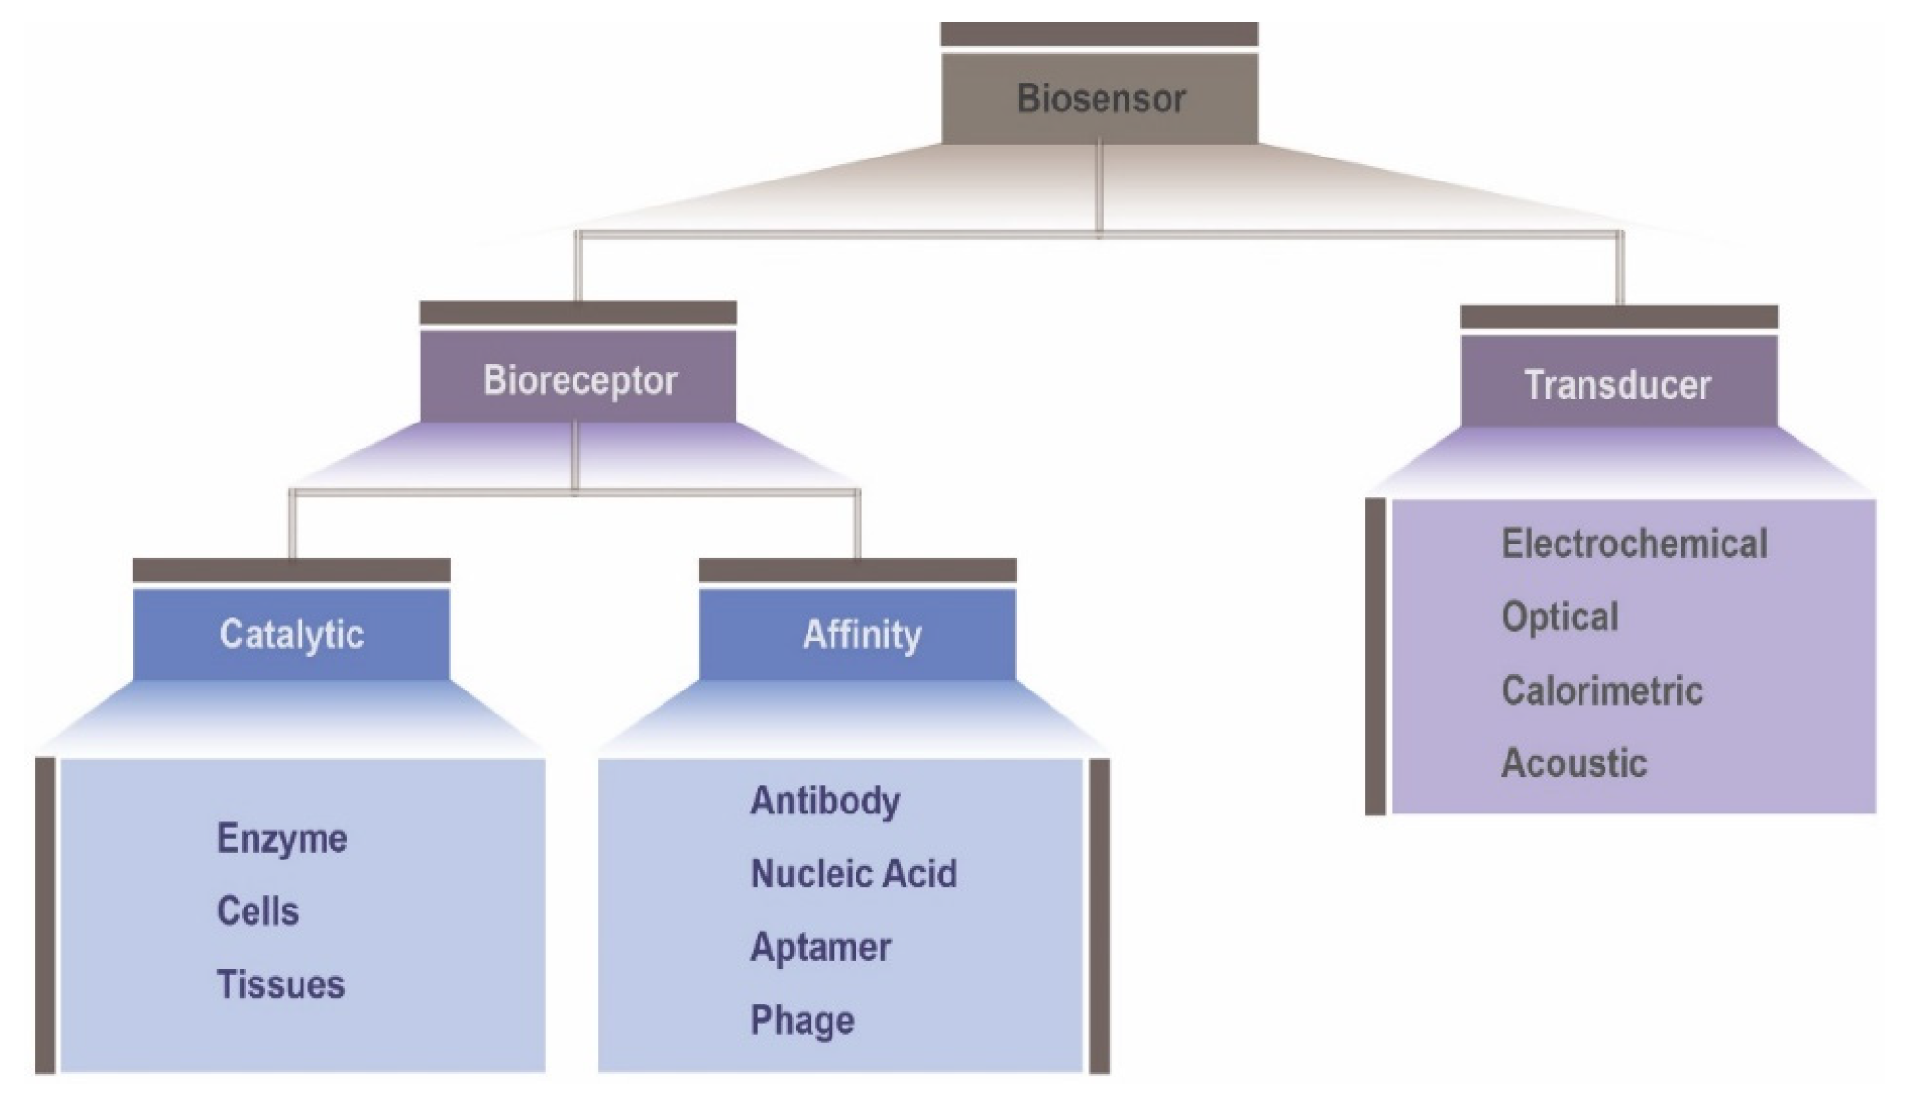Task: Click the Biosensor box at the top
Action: (x=1099, y=99)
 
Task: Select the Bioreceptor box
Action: (x=579, y=380)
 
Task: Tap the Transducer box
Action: (x=1619, y=385)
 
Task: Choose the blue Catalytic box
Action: (x=292, y=635)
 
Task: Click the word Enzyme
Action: (x=281, y=838)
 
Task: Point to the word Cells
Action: (x=257, y=911)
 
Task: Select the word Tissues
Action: (x=280, y=984)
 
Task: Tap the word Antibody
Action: (x=825, y=801)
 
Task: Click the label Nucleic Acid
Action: (x=854, y=874)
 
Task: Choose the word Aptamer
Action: (x=820, y=948)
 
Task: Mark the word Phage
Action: (x=802, y=1021)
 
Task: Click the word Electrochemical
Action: (x=1633, y=544)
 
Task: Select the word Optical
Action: (x=1559, y=617)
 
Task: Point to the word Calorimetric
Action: (x=1602, y=690)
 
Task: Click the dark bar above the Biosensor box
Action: (x=1099, y=35)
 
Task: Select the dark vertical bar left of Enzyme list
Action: (x=44, y=914)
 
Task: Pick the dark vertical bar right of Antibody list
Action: (x=1099, y=914)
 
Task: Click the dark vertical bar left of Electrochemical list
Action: (x=1375, y=656)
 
